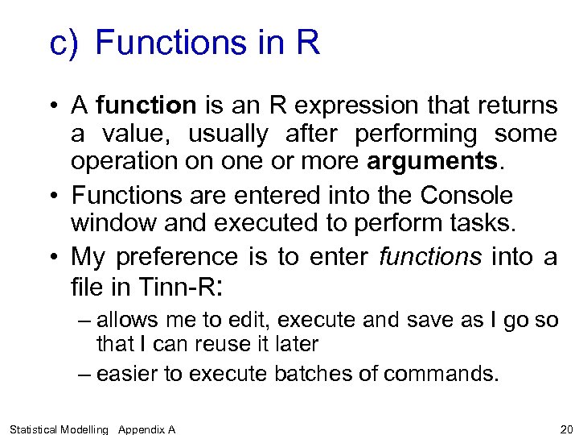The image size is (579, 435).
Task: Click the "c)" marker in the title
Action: tap(64, 43)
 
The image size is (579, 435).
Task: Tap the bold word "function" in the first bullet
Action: tap(146, 106)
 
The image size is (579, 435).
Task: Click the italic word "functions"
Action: tap(430, 257)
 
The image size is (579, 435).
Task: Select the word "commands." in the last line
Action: tap(441, 374)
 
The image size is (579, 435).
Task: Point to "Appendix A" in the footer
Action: tap(146, 429)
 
